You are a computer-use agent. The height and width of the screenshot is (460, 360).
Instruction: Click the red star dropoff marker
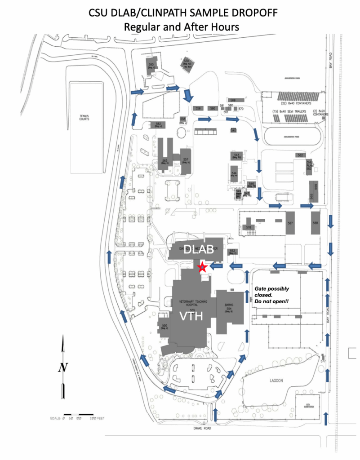click(202, 267)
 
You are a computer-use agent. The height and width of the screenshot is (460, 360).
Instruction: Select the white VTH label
click(192, 317)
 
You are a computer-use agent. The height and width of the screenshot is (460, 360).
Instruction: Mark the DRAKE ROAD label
click(197, 428)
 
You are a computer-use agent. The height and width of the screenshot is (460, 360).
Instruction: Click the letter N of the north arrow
click(62, 367)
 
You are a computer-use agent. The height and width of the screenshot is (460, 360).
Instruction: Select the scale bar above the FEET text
click(79, 414)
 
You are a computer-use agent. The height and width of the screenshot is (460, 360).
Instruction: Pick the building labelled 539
click(188, 64)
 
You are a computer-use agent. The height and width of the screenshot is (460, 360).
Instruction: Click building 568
click(316, 223)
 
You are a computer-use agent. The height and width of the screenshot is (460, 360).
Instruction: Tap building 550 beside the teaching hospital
click(164, 326)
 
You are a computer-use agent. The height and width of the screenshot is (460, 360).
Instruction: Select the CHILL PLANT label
click(310, 164)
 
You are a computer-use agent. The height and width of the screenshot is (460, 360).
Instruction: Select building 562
click(300, 155)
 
